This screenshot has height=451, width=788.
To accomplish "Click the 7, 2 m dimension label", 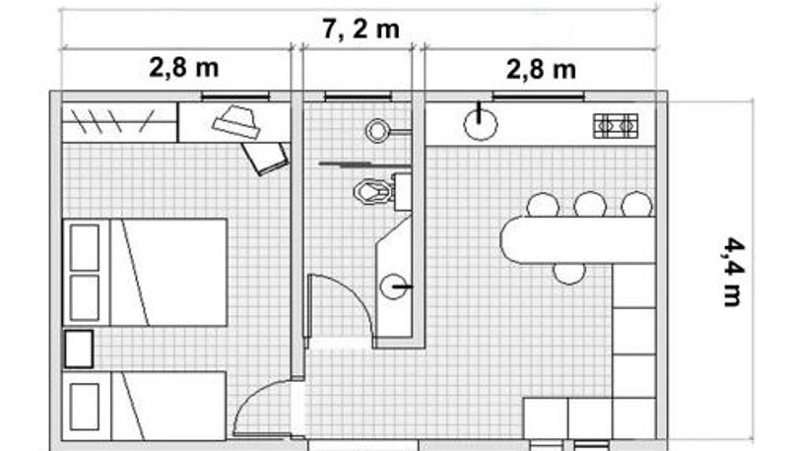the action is click(361, 30).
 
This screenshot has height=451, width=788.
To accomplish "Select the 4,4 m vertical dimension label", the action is click(733, 272).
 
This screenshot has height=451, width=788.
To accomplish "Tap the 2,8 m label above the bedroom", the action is click(184, 67).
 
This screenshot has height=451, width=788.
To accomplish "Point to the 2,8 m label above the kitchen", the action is click(541, 69).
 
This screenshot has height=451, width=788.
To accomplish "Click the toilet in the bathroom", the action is click(373, 191).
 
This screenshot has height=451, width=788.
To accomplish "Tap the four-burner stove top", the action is click(616, 126).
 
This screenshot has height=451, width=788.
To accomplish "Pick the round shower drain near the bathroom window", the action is click(377, 131).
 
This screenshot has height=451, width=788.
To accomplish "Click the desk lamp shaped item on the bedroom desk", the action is click(236, 121).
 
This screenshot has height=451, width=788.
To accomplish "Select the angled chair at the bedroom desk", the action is click(265, 158).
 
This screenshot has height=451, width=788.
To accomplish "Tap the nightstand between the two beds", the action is click(79, 349).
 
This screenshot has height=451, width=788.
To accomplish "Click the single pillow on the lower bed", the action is click(85, 407).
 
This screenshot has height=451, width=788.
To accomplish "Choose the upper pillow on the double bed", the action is click(85, 247).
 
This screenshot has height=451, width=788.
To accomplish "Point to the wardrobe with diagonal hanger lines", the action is click(119, 122).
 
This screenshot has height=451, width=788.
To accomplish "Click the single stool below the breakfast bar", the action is click(569, 274).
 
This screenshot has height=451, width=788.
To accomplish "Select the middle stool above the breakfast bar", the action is click(590, 205).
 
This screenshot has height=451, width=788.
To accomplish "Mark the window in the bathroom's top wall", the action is click(358, 96).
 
